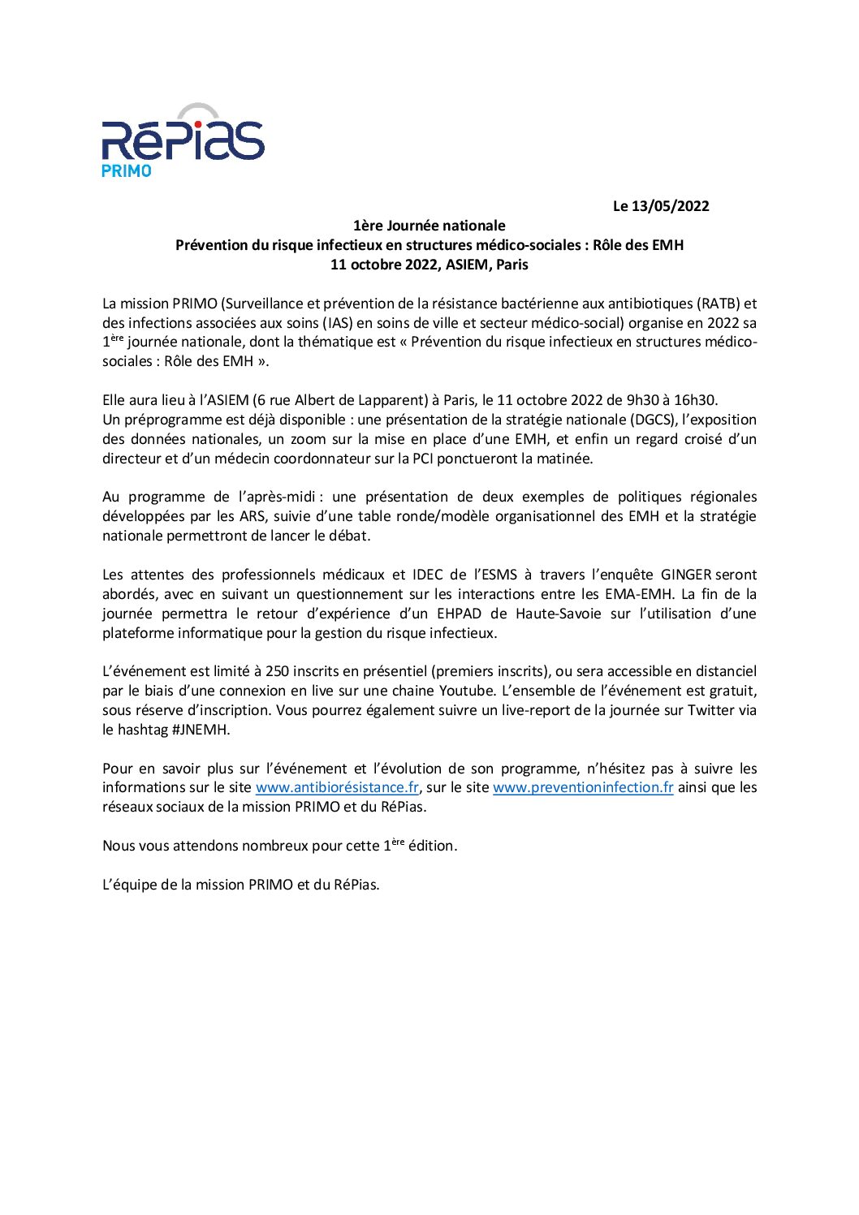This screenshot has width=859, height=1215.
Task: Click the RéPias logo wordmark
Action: (x=183, y=140)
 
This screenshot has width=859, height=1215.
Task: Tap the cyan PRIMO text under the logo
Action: (x=126, y=171)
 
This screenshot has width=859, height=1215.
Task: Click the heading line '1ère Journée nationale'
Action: (x=429, y=226)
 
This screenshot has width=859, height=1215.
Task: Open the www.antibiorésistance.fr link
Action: (x=337, y=787)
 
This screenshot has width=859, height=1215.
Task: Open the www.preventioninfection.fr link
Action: (x=583, y=787)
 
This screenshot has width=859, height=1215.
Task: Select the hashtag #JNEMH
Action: (x=201, y=730)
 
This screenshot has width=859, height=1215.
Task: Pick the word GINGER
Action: (x=685, y=575)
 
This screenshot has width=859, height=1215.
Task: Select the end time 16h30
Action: (x=695, y=400)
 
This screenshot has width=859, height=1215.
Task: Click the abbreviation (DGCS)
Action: (x=652, y=420)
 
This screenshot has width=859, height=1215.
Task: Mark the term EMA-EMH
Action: (x=639, y=594)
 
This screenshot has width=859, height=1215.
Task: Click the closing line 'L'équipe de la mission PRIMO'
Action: (x=240, y=885)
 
